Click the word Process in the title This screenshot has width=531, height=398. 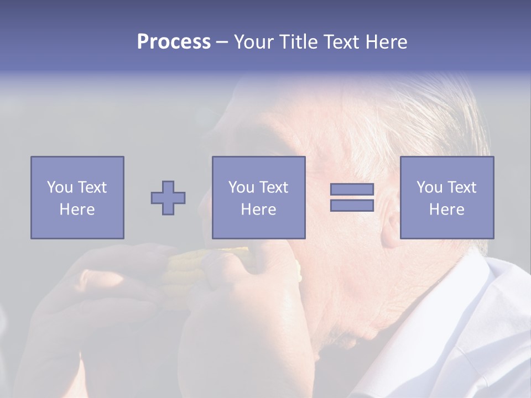pos(174,42)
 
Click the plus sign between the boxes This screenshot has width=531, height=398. pos(168,197)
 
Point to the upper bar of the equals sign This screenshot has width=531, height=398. pos(352,189)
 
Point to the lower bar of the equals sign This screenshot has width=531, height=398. pos(352,205)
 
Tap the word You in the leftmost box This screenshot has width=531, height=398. pos(60,187)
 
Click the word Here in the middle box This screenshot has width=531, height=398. pos(258,210)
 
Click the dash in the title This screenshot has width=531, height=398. pos(222,42)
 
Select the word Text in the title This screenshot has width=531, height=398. pos(340,42)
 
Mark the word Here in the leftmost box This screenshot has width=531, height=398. pos(77,210)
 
